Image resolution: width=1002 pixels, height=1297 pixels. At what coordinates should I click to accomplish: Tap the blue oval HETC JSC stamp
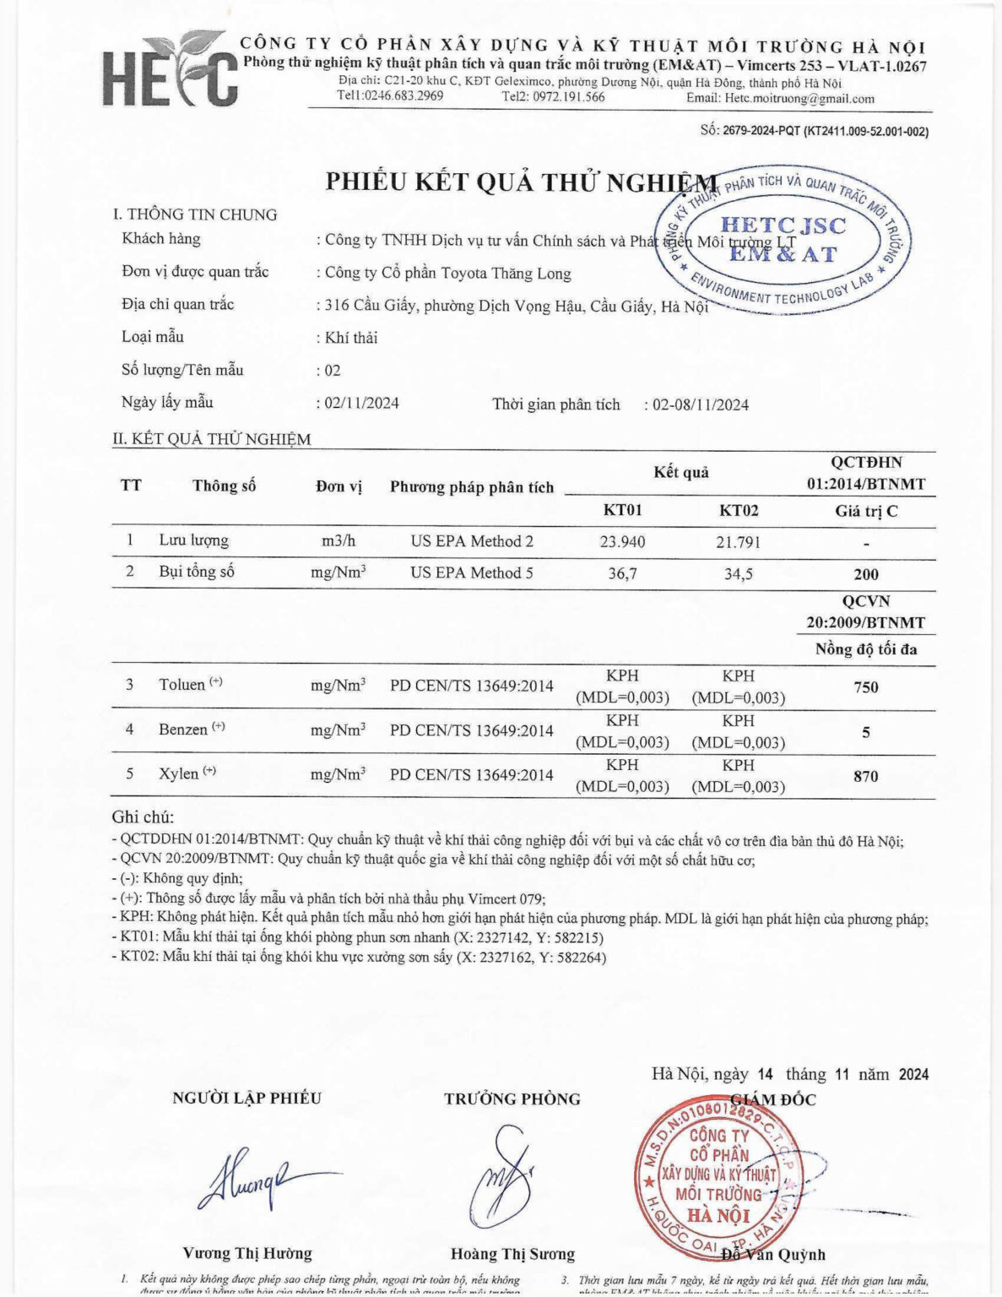[783, 240]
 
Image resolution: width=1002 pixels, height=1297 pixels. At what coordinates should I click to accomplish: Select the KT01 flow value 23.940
[622, 542]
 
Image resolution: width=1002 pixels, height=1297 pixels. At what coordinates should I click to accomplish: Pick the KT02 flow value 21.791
[738, 542]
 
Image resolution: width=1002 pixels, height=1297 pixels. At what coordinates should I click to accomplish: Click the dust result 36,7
[622, 573]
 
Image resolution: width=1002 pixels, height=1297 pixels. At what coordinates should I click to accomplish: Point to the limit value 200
[866, 574]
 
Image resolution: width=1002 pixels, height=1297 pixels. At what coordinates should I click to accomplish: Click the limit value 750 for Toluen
[866, 687]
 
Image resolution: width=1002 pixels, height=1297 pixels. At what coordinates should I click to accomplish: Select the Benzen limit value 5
[866, 732]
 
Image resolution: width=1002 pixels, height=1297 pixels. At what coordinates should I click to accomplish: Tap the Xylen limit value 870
[866, 776]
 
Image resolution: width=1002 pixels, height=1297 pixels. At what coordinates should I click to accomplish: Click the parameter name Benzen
[183, 730]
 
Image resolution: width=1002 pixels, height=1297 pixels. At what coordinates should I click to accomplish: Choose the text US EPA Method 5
[472, 573]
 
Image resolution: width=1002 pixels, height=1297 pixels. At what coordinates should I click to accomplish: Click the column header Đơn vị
[339, 486]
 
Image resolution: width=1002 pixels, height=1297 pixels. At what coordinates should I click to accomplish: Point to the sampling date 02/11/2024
[362, 403]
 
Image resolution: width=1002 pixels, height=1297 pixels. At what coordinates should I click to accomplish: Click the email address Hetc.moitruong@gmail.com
[799, 98]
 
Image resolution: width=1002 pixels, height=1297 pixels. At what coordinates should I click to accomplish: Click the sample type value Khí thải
[351, 338]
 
